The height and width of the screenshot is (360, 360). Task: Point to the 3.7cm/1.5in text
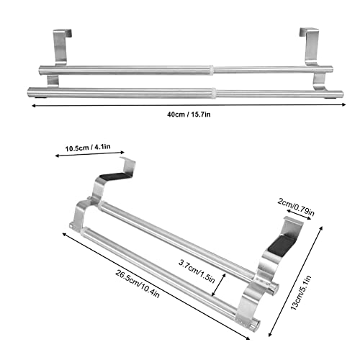[197, 264]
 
